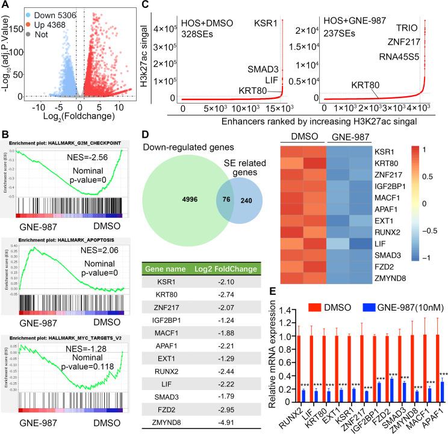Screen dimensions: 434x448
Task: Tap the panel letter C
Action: (x=164, y=7)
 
